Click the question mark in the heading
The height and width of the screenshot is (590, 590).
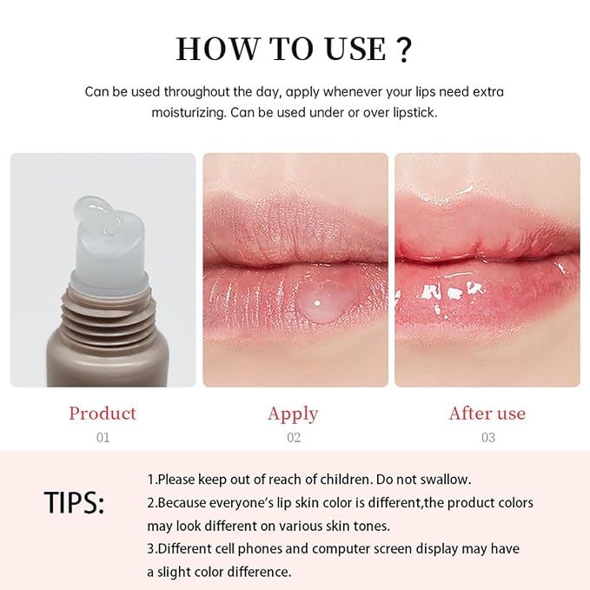[404, 50]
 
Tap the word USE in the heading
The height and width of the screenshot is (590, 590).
[356, 49]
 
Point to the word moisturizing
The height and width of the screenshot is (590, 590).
[189, 113]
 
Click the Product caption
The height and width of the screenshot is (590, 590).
[103, 413]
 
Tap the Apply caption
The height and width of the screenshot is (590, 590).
[293, 414]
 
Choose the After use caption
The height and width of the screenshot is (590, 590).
[487, 413]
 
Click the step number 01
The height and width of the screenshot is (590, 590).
[103, 437]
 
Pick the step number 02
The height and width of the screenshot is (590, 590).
[294, 437]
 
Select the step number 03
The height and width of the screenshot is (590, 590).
[488, 437]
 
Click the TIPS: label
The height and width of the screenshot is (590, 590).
[74, 503]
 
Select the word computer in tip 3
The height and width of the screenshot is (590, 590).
[341, 549]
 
